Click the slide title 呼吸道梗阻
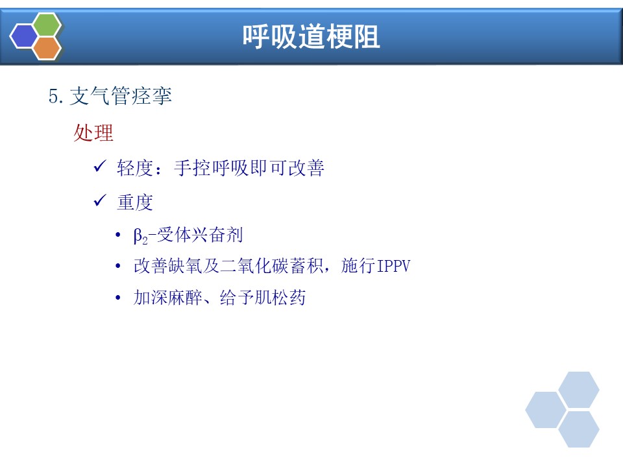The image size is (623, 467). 311,36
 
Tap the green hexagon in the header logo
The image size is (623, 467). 47,24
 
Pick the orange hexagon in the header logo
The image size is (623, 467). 47,48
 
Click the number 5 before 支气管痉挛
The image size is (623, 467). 54,96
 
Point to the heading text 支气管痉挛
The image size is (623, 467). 121,96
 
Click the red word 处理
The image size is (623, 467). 93,132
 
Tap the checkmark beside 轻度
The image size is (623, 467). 100,166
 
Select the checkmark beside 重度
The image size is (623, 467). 100,200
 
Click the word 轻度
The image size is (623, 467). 135,168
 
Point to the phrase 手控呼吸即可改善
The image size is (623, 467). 249,168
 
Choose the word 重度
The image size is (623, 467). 135,202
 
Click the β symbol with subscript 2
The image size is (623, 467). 140,236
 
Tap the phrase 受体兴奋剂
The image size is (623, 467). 200,235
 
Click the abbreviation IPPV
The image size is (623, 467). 393,266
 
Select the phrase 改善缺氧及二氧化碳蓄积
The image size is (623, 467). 228,266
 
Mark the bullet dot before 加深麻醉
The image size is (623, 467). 117,298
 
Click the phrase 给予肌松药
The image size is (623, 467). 263,298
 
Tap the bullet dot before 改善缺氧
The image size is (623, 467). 117,266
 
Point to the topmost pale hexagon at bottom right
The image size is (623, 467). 579,390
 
